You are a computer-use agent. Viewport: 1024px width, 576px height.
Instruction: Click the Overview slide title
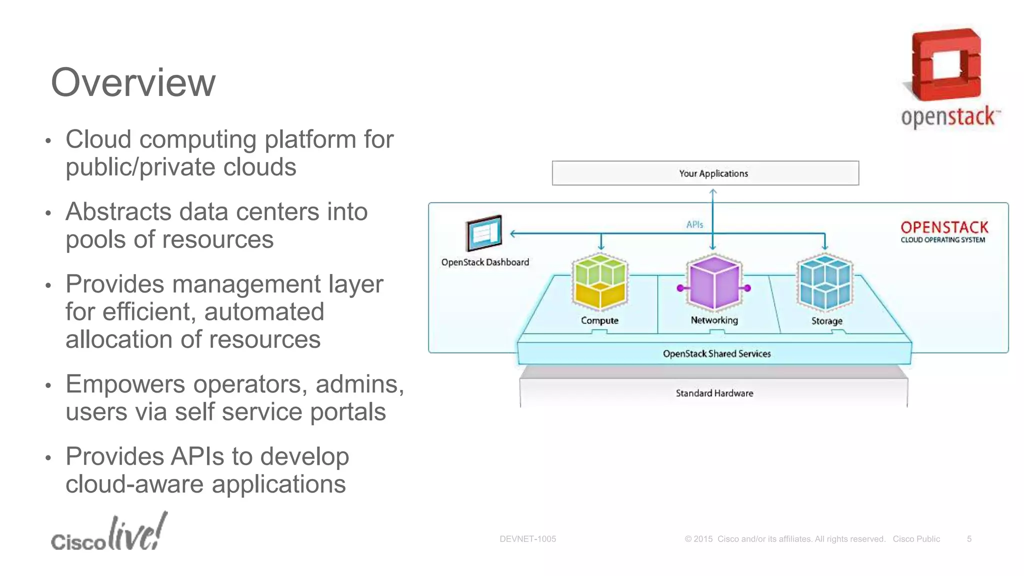pyautogui.click(x=133, y=82)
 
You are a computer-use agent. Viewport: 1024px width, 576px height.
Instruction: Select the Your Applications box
pyautogui.click(x=705, y=173)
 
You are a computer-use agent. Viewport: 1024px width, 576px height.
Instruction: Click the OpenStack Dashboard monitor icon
pyautogui.click(x=483, y=233)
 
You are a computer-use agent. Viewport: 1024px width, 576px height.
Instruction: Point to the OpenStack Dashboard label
pyautogui.click(x=485, y=262)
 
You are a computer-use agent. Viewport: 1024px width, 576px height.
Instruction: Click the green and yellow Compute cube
pyautogui.click(x=599, y=282)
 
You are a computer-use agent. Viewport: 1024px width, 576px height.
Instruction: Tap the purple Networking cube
pyautogui.click(x=714, y=282)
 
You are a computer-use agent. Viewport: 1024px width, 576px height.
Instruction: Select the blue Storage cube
pyautogui.click(x=825, y=282)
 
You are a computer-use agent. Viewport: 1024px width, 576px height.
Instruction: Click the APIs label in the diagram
pyautogui.click(x=694, y=224)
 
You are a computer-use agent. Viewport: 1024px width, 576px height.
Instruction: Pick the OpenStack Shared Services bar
pyautogui.click(x=716, y=353)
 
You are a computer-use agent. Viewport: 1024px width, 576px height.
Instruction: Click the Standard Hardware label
pyautogui.click(x=714, y=393)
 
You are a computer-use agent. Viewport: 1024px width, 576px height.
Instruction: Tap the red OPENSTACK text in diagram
pyautogui.click(x=944, y=227)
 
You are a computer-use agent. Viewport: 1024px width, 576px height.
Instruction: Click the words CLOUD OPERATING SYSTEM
pyautogui.click(x=942, y=240)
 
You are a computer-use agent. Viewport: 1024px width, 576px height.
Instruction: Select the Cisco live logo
pyautogui.click(x=109, y=533)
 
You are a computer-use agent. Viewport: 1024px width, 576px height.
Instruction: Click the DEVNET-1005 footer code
pyautogui.click(x=527, y=539)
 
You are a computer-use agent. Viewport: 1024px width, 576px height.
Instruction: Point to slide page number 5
pyautogui.click(x=969, y=539)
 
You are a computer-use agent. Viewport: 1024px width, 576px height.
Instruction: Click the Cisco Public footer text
pyautogui.click(x=916, y=539)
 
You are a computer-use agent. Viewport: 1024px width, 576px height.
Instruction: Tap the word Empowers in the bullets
pyautogui.click(x=125, y=384)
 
